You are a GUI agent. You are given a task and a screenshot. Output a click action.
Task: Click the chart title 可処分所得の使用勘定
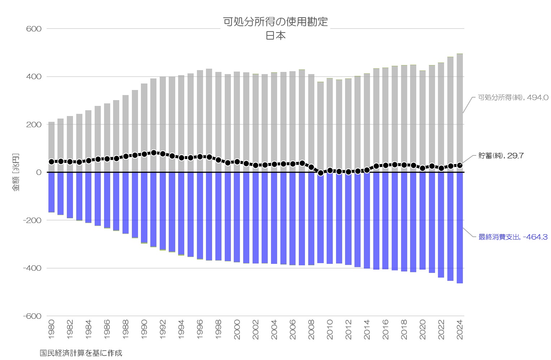click(x=275, y=22)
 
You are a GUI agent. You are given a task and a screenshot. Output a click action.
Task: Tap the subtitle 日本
click(x=275, y=36)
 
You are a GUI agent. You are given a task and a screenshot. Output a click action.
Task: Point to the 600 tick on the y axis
click(x=34, y=29)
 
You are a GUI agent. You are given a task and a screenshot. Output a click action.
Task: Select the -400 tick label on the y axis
click(x=32, y=268)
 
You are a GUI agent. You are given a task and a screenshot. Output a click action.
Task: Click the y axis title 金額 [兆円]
click(x=16, y=172)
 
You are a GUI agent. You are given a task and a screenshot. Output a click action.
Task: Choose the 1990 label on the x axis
click(x=144, y=330)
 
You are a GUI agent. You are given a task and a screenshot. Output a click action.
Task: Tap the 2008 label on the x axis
click(x=311, y=330)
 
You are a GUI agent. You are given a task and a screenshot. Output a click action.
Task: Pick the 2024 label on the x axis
click(x=460, y=330)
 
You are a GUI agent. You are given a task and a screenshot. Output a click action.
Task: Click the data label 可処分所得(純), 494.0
click(x=513, y=98)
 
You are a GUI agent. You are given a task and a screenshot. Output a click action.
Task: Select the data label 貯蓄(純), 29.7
click(x=501, y=155)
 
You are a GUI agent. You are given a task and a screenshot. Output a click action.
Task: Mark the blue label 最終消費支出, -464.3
click(x=513, y=237)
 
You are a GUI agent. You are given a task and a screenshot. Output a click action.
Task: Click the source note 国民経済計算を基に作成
click(x=81, y=353)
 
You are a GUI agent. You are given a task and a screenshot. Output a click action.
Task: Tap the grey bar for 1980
click(x=51, y=147)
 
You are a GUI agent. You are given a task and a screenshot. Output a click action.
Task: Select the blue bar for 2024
click(x=460, y=228)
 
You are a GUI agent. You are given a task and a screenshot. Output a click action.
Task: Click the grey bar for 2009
click(x=320, y=127)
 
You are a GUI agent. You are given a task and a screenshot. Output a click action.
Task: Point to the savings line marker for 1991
click(x=154, y=153)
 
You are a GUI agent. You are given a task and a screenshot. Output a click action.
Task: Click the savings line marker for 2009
click(x=320, y=173)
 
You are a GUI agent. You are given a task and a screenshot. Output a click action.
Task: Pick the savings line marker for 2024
click(x=460, y=165)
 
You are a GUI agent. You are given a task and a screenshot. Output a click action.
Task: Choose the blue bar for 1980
click(x=51, y=192)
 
